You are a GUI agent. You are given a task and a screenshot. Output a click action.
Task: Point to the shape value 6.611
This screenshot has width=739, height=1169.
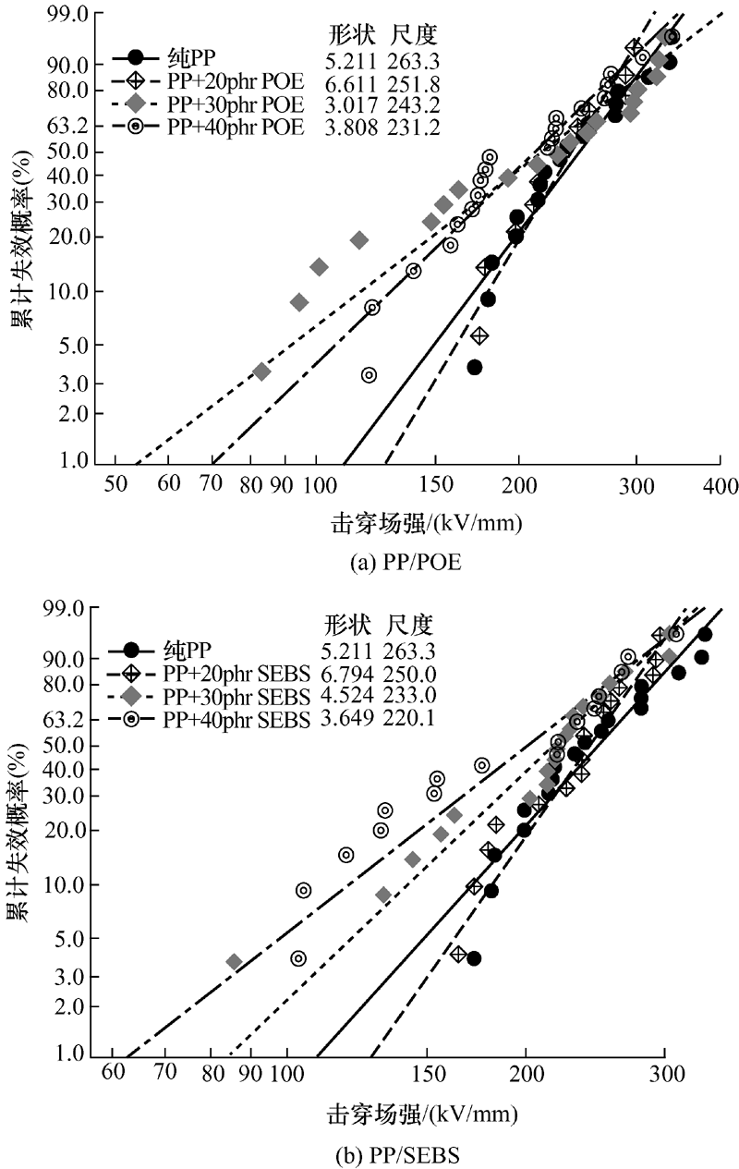click(x=353, y=83)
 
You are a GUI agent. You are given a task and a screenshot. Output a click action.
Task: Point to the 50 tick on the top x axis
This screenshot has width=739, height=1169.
click(x=115, y=485)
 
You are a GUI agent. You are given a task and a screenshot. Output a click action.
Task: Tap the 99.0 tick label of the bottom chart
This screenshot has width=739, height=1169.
click(x=71, y=608)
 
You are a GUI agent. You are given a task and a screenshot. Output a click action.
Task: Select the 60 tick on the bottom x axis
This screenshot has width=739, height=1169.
click(x=112, y=1078)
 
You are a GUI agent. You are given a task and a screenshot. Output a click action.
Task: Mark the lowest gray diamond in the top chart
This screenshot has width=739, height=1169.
click(x=261, y=371)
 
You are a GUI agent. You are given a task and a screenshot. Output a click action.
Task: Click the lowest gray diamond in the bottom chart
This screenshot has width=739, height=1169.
click(x=234, y=962)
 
